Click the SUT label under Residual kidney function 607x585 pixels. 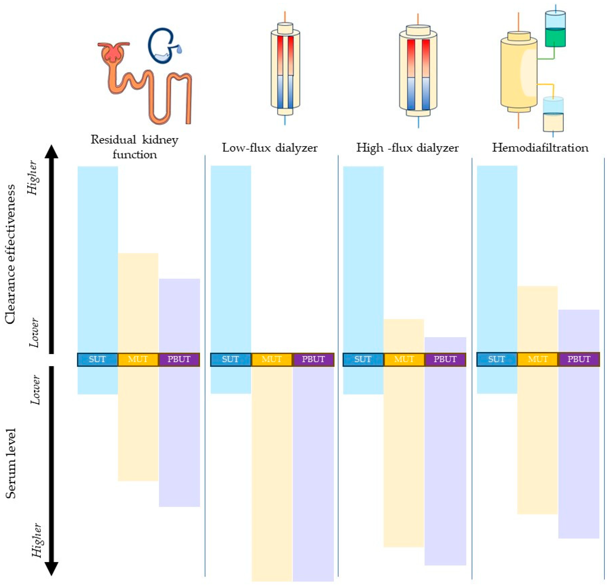click(97, 359)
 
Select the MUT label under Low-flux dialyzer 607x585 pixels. click(272, 359)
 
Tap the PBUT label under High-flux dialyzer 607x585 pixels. click(445, 359)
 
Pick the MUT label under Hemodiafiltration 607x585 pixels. click(538, 359)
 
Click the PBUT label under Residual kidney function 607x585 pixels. click(179, 359)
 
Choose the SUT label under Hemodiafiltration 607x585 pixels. click(496, 359)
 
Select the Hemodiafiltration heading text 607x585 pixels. click(540, 148)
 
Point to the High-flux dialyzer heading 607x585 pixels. click(407, 148)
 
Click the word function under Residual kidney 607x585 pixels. click(135, 154)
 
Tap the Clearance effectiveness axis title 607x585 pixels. click(10, 254)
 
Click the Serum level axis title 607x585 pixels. click(11, 463)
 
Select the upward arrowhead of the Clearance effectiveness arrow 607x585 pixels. click(52, 152)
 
